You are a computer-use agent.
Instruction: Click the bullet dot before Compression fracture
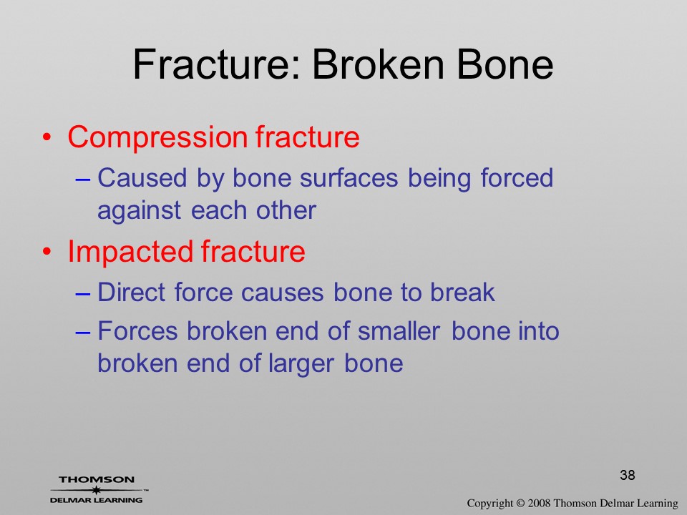(x=47, y=138)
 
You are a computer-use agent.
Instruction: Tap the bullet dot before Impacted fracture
(x=47, y=252)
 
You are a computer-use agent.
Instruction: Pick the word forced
(x=517, y=178)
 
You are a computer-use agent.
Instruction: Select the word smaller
(x=399, y=330)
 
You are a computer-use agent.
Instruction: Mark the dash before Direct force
(x=83, y=293)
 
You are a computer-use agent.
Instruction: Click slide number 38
(x=628, y=475)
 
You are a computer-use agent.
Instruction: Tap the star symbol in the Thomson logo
(x=96, y=490)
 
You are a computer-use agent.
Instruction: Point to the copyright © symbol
(x=520, y=503)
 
